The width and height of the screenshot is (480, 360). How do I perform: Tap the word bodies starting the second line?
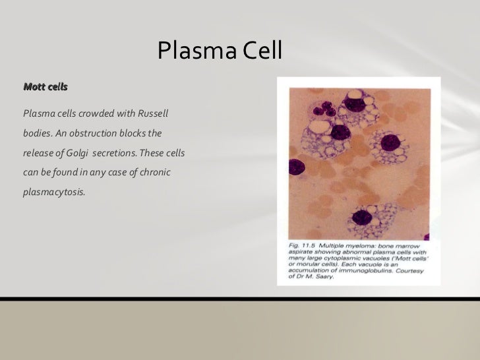click(x=37, y=133)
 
